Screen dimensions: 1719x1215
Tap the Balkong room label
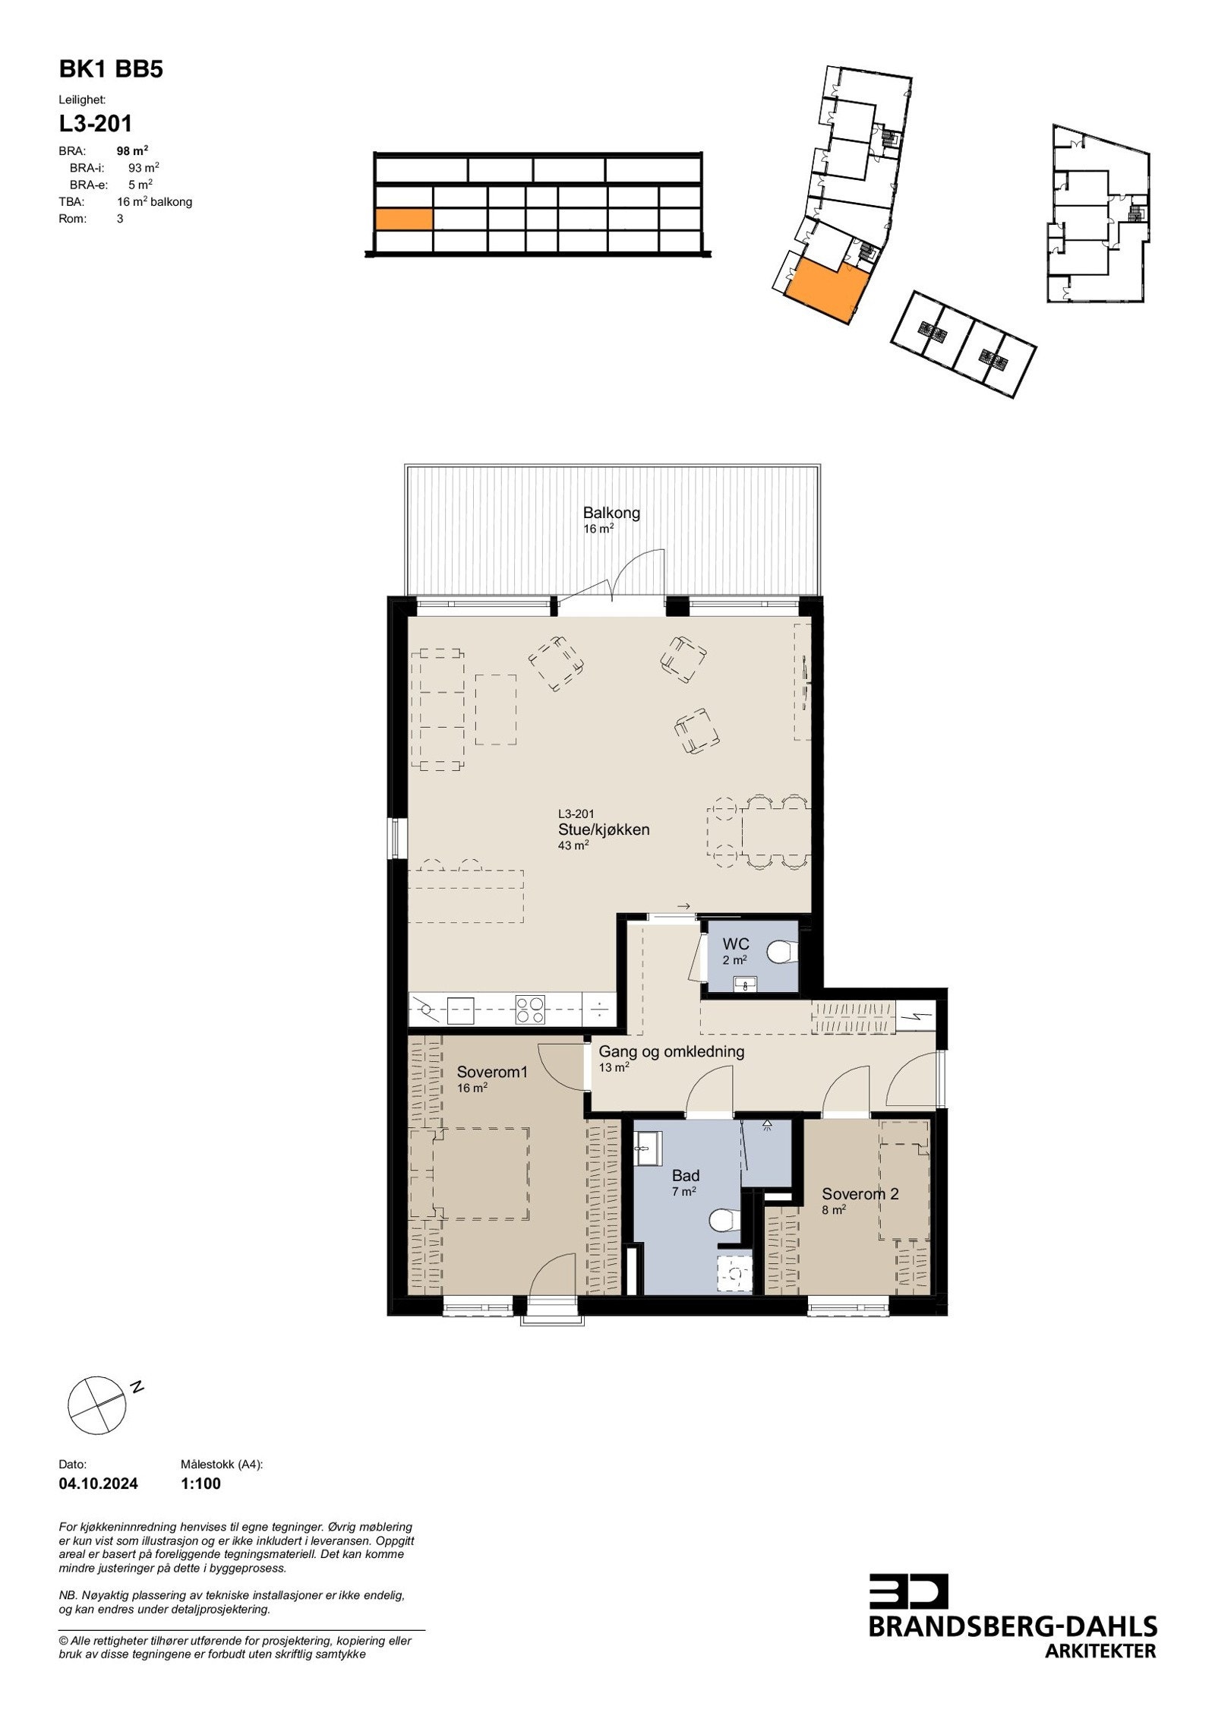tap(611, 513)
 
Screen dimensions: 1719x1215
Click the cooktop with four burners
tap(529, 1010)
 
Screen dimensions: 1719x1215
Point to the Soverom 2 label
tap(860, 1194)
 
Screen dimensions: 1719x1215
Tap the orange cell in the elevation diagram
tap(403, 220)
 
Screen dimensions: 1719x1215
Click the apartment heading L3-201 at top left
tap(96, 123)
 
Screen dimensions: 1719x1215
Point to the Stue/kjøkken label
tap(604, 829)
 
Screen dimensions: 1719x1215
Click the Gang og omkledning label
tap(671, 1052)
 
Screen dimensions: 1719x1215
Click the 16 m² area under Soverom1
tap(472, 1088)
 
